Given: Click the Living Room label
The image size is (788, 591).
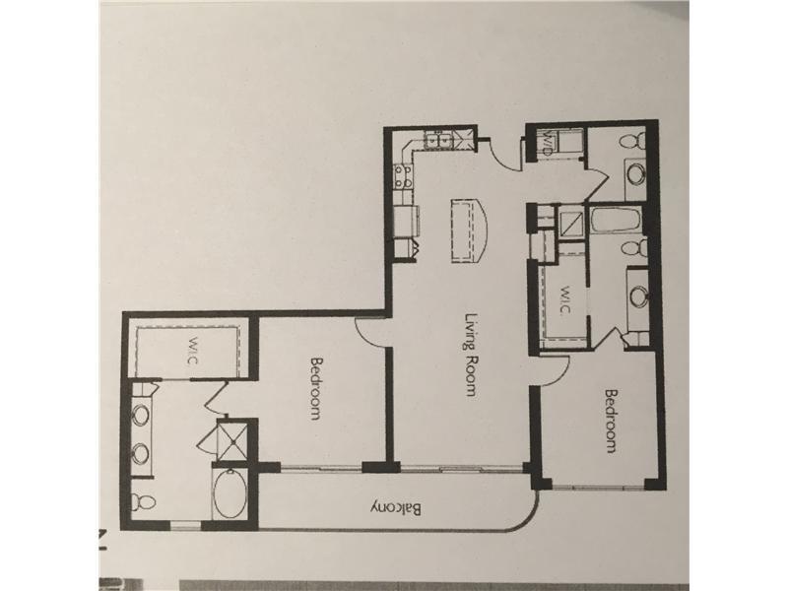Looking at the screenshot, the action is (x=471, y=356).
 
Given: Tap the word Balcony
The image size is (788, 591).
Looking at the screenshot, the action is (x=397, y=508).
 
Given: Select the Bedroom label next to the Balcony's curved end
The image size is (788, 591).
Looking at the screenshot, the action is (x=611, y=422).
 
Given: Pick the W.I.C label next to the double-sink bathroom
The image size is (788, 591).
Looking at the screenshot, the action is (x=194, y=352).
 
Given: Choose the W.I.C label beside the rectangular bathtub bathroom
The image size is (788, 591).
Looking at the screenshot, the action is (x=563, y=300).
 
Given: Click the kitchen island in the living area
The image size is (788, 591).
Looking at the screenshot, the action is (x=469, y=230).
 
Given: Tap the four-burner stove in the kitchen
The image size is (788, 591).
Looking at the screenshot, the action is (x=404, y=177).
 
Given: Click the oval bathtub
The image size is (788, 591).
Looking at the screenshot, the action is (x=230, y=495).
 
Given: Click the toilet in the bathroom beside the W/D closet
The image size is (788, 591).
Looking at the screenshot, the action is (x=632, y=140).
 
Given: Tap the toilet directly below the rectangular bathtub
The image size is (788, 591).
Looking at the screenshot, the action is (x=633, y=248).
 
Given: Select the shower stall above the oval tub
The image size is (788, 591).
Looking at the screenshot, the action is (x=231, y=440).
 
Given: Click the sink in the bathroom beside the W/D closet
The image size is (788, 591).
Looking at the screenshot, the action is (x=635, y=174).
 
